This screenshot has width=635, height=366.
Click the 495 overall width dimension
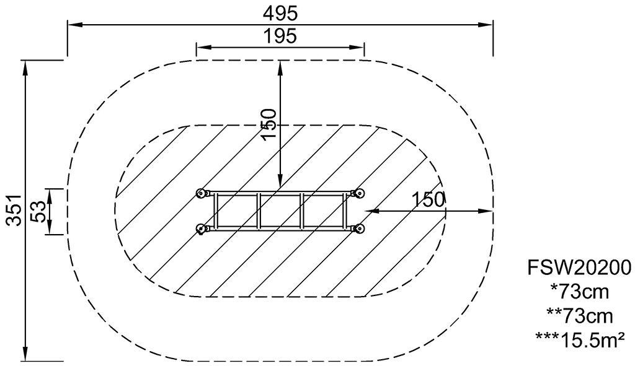click(x=280, y=14)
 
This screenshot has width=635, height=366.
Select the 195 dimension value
click(x=280, y=35)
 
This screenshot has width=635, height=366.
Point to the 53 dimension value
click(x=39, y=211)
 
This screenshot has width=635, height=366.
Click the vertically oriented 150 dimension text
click(x=269, y=124)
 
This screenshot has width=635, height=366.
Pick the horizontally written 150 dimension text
click(x=429, y=199)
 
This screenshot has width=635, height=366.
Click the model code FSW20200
click(x=579, y=268)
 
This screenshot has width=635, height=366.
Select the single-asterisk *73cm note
click(x=580, y=292)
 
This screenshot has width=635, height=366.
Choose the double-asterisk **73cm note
click(x=580, y=316)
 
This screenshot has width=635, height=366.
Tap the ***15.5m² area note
click(x=580, y=340)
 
